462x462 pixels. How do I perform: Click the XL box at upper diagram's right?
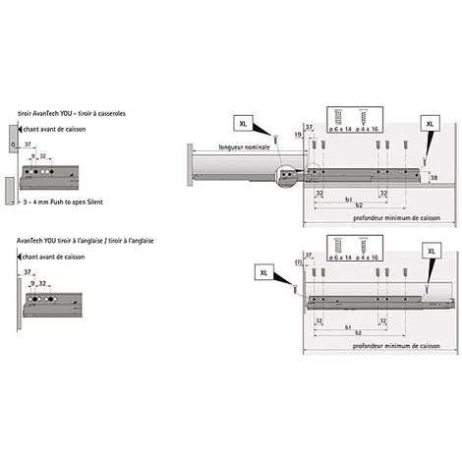pyautogui.click(x=430, y=123)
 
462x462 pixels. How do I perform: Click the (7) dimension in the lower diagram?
pyautogui.click(x=298, y=261)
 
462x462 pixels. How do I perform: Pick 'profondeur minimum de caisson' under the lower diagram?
pyautogui.click(x=380, y=346)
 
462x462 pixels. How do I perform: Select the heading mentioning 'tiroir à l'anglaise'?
pyautogui.click(x=84, y=240)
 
